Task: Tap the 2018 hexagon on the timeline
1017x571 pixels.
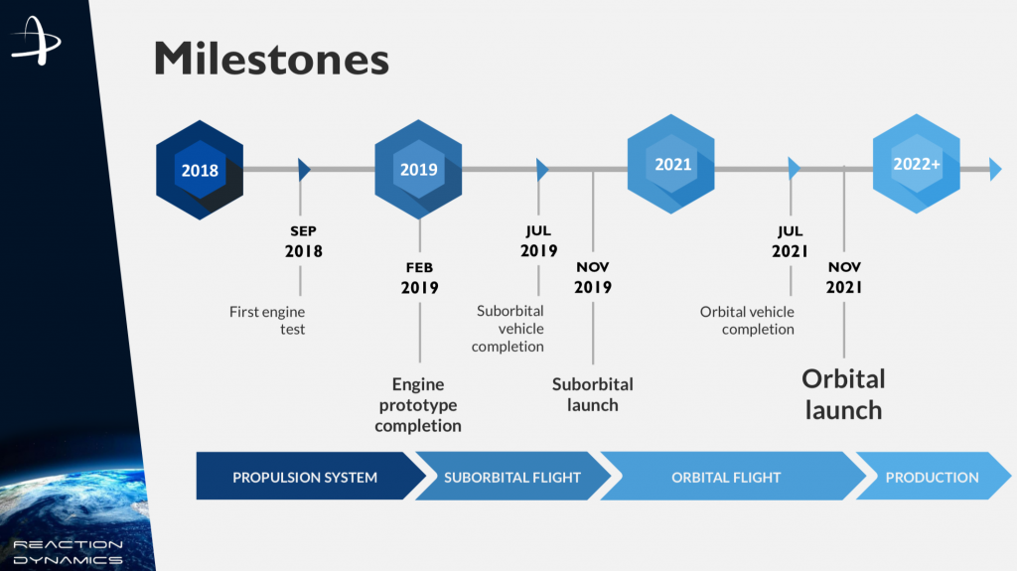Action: tap(200, 170)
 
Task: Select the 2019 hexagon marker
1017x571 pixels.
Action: tap(418, 170)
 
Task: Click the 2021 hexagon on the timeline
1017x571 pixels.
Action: tap(672, 164)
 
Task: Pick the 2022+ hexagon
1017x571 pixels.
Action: tap(916, 165)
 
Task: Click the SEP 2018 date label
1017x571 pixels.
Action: tap(303, 241)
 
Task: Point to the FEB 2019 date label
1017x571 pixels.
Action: tap(419, 278)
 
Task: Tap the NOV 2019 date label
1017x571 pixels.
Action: tap(594, 277)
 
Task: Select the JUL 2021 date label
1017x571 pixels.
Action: tap(791, 241)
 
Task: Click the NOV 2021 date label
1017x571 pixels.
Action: tap(844, 277)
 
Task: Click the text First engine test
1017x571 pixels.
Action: tap(268, 320)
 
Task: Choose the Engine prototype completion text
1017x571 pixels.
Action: tap(418, 404)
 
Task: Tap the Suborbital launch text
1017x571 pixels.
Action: tap(593, 394)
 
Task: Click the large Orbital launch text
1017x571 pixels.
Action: tap(843, 393)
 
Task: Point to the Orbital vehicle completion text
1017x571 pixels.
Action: tap(748, 320)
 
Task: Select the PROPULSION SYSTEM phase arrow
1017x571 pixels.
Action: tap(305, 477)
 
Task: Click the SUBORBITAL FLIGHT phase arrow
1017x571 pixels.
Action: tap(512, 477)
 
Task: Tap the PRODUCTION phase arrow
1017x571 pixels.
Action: tap(932, 477)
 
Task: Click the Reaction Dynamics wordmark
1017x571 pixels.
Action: tap(68, 552)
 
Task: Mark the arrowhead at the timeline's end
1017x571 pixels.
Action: tap(995, 170)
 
